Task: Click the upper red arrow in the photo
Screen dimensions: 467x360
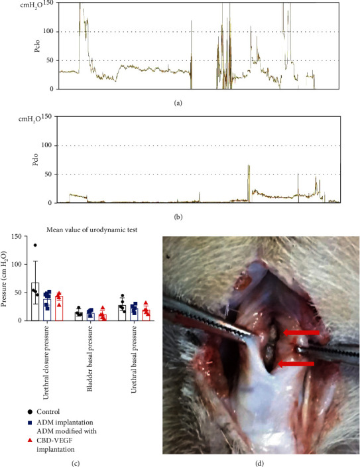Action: (x=300, y=332)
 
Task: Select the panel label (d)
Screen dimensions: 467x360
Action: (x=261, y=453)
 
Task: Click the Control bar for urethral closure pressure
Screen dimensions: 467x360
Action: (x=35, y=302)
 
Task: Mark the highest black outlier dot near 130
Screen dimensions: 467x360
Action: (x=34, y=245)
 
